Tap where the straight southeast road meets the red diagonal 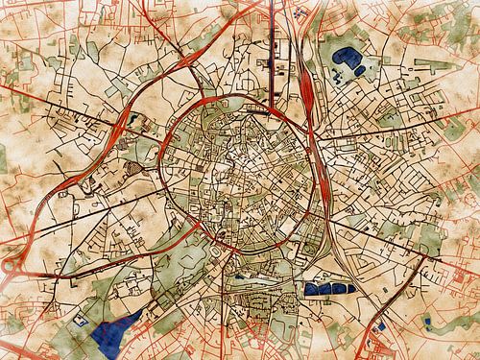click(423, 257)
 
